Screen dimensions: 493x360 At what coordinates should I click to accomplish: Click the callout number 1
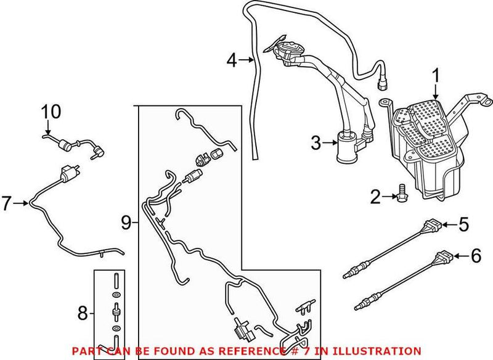click(x=436, y=78)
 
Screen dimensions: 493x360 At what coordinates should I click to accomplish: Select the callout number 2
click(x=375, y=197)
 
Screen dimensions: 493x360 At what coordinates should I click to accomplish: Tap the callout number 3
click(x=316, y=143)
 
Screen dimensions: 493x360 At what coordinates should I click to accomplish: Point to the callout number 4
click(x=232, y=60)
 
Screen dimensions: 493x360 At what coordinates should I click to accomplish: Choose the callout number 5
click(x=463, y=224)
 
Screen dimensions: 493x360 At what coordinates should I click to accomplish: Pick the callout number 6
click(x=476, y=256)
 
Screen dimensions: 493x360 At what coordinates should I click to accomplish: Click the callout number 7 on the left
click(x=7, y=203)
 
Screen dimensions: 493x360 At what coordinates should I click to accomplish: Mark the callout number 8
click(x=83, y=313)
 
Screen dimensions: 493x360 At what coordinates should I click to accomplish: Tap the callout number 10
click(x=51, y=112)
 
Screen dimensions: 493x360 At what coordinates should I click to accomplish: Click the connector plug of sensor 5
click(x=433, y=226)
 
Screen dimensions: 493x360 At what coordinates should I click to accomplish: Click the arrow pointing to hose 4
click(x=246, y=59)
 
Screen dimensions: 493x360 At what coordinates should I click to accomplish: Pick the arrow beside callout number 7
click(x=22, y=203)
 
